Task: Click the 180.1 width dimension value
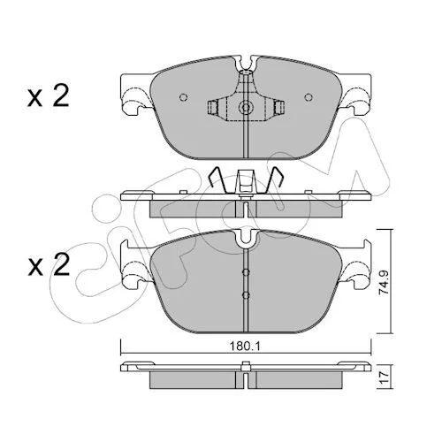pos(245,347)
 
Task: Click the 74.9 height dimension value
pos(384,283)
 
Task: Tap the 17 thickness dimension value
pos(384,377)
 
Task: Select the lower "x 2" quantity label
pos(49,264)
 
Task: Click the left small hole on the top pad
pos(184,97)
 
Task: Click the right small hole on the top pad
pos(309,97)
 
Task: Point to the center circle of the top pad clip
pos(245,108)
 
